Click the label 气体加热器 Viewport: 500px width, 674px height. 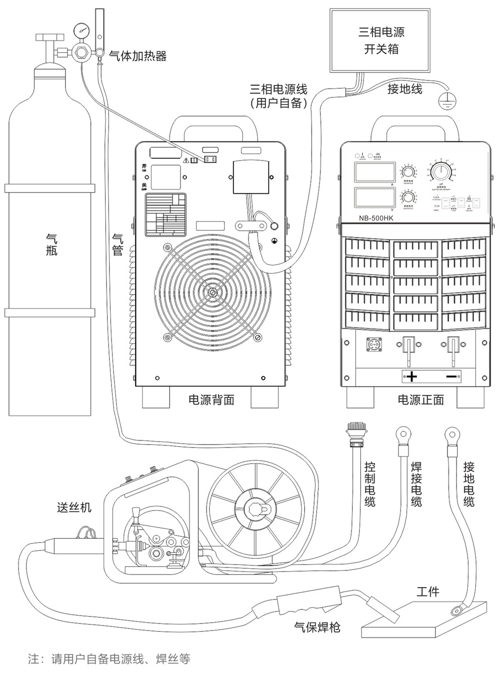[137, 55]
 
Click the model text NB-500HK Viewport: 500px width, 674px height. [376, 218]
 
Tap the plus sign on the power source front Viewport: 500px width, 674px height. [411, 376]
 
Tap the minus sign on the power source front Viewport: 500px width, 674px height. [451, 376]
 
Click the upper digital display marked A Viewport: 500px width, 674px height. [375, 172]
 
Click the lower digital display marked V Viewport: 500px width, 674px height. [375, 198]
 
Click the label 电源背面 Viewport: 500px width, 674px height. [211, 400]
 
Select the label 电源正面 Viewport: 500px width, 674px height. [421, 400]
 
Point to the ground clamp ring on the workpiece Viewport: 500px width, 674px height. [456, 610]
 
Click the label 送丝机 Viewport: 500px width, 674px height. [74, 507]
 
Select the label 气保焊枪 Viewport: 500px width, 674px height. [317, 627]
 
